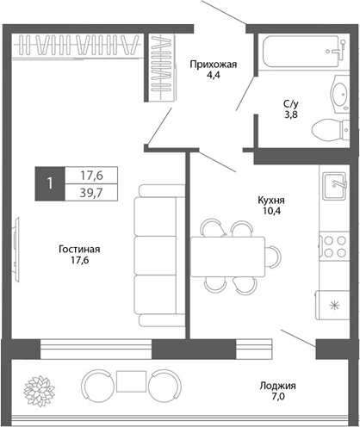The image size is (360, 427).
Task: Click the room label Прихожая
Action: [x=212, y=63]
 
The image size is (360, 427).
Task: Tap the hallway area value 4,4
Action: [x=212, y=75]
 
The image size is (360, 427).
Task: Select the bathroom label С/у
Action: [x=293, y=104]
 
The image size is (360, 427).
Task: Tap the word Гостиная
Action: [x=80, y=250]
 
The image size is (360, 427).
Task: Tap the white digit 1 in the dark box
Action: [x=51, y=183]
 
